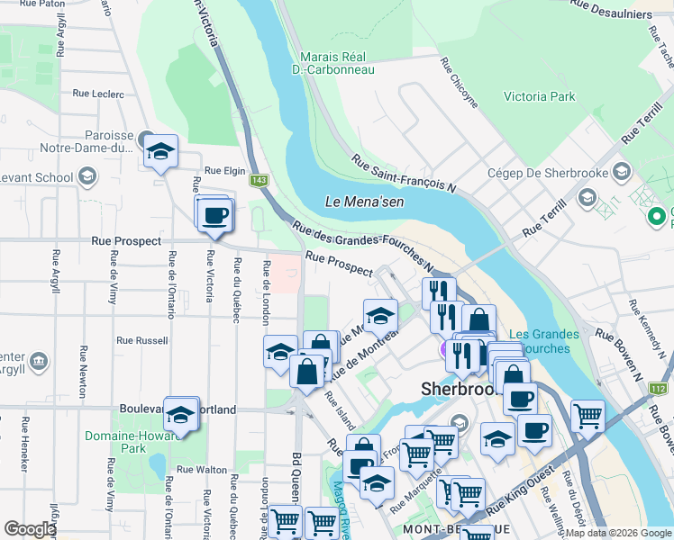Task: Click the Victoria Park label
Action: coord(539,96)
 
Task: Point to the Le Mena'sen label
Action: coord(365,202)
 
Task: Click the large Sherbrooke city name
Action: coord(460,390)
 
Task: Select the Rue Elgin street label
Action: coord(225,171)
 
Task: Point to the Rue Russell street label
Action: coord(142,341)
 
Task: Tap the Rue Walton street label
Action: coord(202,469)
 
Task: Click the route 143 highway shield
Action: coord(260,181)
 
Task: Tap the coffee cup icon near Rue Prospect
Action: coord(214,216)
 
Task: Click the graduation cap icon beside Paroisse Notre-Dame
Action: coord(160,152)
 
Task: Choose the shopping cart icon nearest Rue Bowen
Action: coord(587,416)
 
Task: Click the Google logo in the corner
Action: coord(30,529)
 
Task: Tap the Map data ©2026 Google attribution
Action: coord(618,533)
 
